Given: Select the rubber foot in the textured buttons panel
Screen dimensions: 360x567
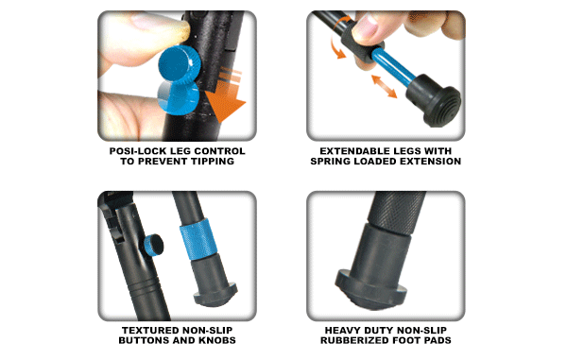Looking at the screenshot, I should tap(215, 287).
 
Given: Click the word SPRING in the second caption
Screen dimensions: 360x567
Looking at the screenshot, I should tap(333, 163).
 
